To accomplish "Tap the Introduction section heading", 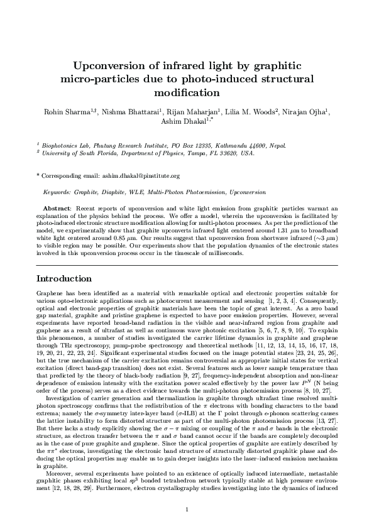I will click(65, 278).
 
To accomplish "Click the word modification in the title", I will click(187, 93).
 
